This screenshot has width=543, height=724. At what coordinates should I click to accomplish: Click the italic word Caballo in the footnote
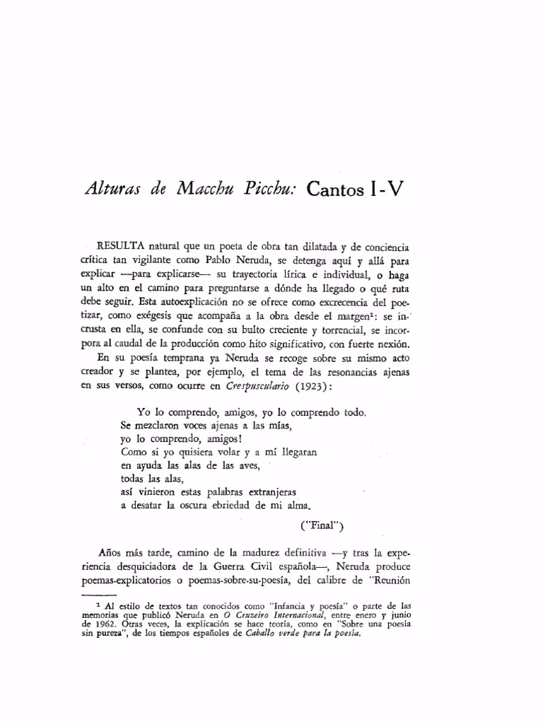(265, 633)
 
